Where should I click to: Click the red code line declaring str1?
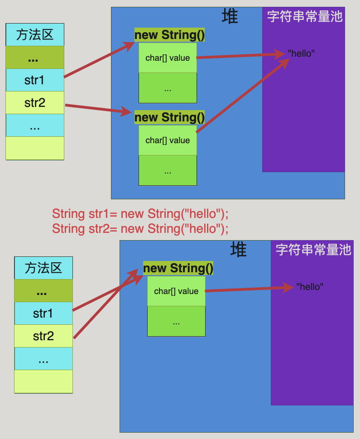click(x=140, y=213)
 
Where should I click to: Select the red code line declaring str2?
click(x=140, y=228)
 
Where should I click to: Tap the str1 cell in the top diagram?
click(x=35, y=80)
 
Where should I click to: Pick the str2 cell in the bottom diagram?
click(x=43, y=336)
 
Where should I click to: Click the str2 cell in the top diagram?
click(x=35, y=103)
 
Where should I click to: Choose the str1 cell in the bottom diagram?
click(x=43, y=314)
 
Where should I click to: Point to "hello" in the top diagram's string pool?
click(x=301, y=53)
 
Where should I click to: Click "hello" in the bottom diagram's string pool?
click(x=310, y=287)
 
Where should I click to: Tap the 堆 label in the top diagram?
click(x=230, y=17)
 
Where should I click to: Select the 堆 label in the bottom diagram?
click(x=238, y=250)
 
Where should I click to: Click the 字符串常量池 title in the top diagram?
click(x=304, y=17)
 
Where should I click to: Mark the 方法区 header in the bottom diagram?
click(x=43, y=268)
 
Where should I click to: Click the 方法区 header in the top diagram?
click(x=35, y=34)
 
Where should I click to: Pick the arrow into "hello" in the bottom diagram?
click(x=249, y=289)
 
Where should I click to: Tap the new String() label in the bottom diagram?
click(x=178, y=268)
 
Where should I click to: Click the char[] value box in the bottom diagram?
click(x=176, y=291)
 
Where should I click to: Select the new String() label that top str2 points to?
click(x=169, y=117)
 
